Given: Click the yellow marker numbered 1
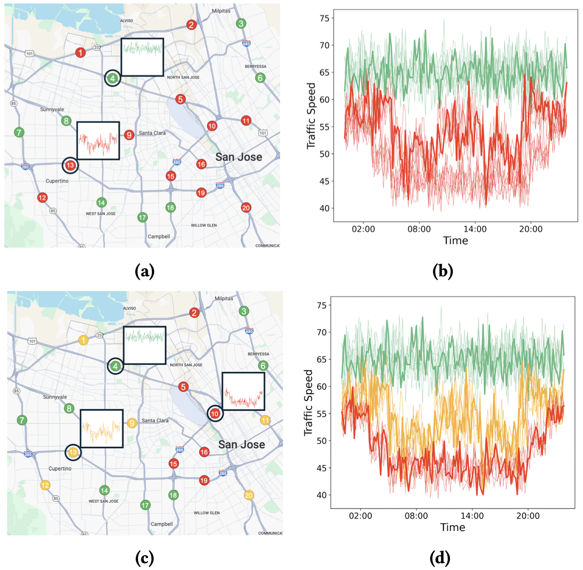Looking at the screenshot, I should (83, 340).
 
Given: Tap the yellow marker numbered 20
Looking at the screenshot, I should (249, 495).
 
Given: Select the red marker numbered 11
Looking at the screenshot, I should (246, 121).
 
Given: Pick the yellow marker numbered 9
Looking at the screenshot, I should (132, 423).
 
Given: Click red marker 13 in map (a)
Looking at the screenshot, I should (70, 165).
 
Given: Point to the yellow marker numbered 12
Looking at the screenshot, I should (45, 485).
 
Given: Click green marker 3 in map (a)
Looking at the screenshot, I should (241, 23).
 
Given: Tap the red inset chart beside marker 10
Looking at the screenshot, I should (243, 391).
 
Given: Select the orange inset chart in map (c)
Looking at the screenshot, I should (101, 428).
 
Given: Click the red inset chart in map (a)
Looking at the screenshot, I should (98, 140).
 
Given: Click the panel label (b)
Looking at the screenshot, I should (443, 272).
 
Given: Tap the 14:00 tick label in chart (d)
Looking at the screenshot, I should (472, 516).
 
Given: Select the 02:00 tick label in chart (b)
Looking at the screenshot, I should (363, 229).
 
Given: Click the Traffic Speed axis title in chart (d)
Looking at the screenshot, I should (308, 403).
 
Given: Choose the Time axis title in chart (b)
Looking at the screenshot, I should (455, 241).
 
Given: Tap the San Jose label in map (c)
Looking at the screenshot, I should (241, 445).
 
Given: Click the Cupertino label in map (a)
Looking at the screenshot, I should (57, 181).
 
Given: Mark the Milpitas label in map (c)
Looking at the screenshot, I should (224, 298).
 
